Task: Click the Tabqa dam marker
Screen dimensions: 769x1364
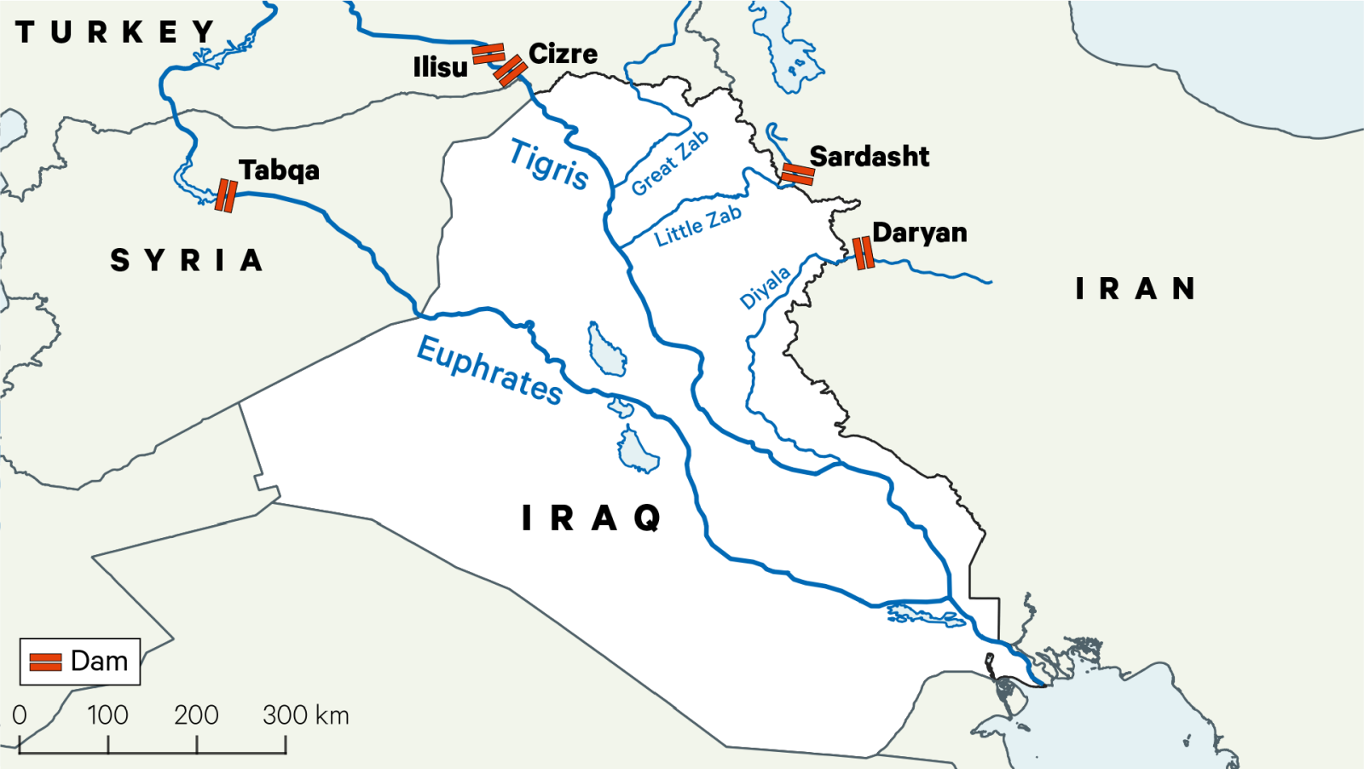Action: (x=226, y=195)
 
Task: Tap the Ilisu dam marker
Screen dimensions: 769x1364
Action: (x=488, y=54)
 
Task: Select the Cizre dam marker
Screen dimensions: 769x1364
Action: (x=510, y=71)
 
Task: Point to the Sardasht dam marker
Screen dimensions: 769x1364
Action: (x=798, y=175)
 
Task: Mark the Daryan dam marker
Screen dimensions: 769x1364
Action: (x=864, y=253)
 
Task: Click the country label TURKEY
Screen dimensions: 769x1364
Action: (x=115, y=32)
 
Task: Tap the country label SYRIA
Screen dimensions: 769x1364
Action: (x=186, y=260)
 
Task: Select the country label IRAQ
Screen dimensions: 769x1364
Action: (x=591, y=517)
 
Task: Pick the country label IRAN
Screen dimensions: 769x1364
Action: (x=1135, y=289)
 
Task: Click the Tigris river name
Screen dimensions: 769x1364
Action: (x=549, y=164)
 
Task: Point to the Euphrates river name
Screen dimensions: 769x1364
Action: (x=489, y=370)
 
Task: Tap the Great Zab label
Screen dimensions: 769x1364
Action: (x=670, y=163)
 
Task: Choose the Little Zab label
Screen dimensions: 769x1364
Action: (x=697, y=226)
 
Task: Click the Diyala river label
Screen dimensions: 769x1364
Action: (x=765, y=287)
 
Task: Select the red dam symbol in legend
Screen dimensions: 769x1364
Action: (x=46, y=662)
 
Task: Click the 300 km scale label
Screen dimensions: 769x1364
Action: (x=305, y=714)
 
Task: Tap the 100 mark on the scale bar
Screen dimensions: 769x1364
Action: (x=107, y=714)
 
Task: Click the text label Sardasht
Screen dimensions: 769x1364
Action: (x=869, y=157)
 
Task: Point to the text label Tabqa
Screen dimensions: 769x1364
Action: (x=279, y=171)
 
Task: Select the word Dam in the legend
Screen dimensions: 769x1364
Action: (x=99, y=661)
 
